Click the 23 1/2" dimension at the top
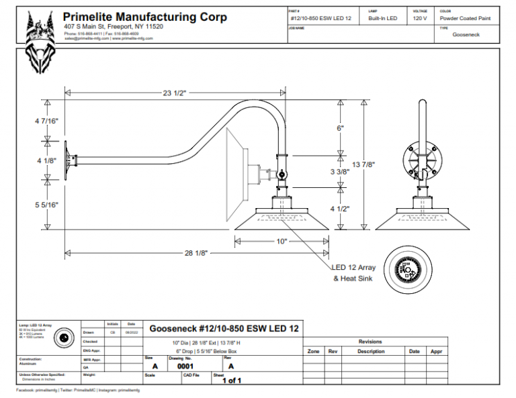pyautogui.click(x=174, y=93)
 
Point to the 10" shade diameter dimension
pyautogui.click(x=282, y=240)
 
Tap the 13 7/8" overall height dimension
pyautogui.click(x=363, y=164)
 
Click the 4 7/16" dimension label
pyautogui.click(x=47, y=121)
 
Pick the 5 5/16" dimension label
pyautogui.click(x=47, y=205)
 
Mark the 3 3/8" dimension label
pyautogui.click(x=341, y=172)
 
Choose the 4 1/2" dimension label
pyautogui.click(x=341, y=208)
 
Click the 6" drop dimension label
pyautogui.click(x=340, y=128)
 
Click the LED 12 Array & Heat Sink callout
pyautogui.click(x=354, y=272)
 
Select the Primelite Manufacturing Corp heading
pyautogui.click(x=144, y=17)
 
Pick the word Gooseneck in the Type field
pyautogui.click(x=466, y=34)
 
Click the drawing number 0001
pyautogui.click(x=185, y=366)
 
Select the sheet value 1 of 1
pyautogui.click(x=230, y=381)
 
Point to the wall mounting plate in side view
pyautogui.click(x=69, y=164)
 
